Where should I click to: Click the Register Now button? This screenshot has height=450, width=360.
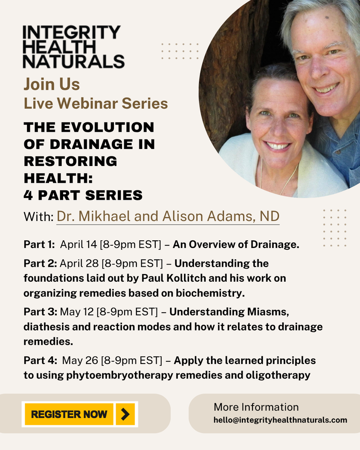69,414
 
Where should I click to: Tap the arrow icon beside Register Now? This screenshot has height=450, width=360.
126,414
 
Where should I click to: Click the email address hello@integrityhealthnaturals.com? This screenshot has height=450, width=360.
280,420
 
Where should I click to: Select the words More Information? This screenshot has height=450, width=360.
256,407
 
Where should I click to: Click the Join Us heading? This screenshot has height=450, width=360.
52,84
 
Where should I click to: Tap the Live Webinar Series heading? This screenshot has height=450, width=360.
95,103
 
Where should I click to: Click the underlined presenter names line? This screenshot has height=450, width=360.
168,216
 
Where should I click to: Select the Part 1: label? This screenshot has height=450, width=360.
39,245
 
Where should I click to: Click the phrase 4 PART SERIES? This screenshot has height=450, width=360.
83,195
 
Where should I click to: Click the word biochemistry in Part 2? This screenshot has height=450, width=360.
211,293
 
